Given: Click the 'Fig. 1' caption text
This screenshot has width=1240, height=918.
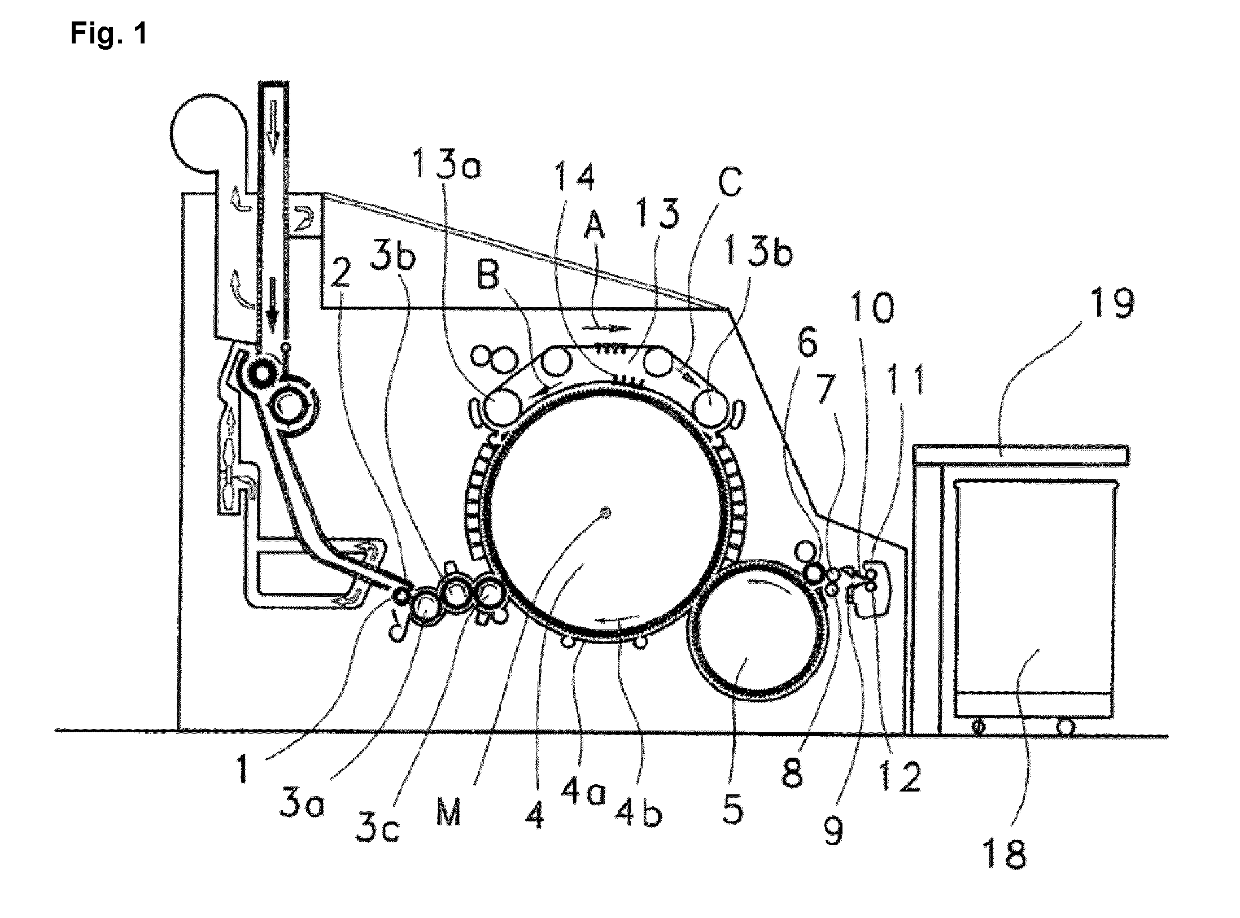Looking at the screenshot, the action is [108, 34].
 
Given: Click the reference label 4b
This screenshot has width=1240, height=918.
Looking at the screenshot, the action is [639, 812].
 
